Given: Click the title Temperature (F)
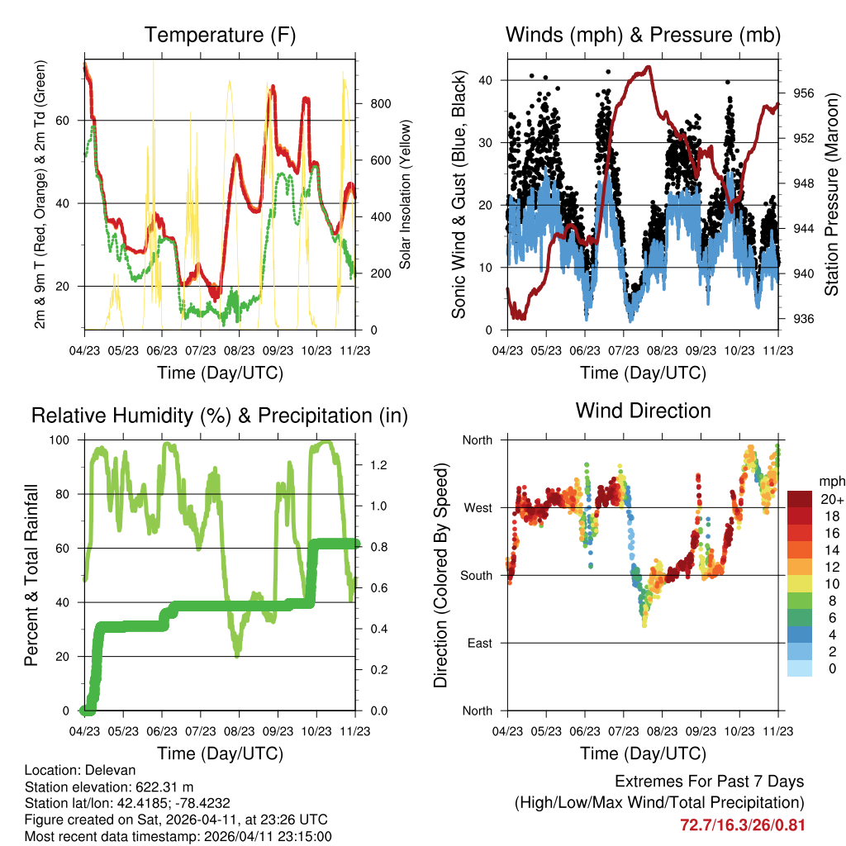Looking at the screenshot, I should (x=220, y=35).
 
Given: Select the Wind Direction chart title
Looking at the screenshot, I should (x=643, y=410).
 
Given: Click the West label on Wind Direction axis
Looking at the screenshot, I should (x=477, y=507).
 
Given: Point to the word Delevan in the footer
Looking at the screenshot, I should (x=101, y=770).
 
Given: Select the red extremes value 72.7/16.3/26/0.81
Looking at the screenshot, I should (x=742, y=825).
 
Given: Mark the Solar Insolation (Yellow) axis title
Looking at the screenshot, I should (x=406, y=195).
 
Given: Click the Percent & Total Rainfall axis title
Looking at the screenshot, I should (x=31, y=575).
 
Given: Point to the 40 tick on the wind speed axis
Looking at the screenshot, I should (x=487, y=80).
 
